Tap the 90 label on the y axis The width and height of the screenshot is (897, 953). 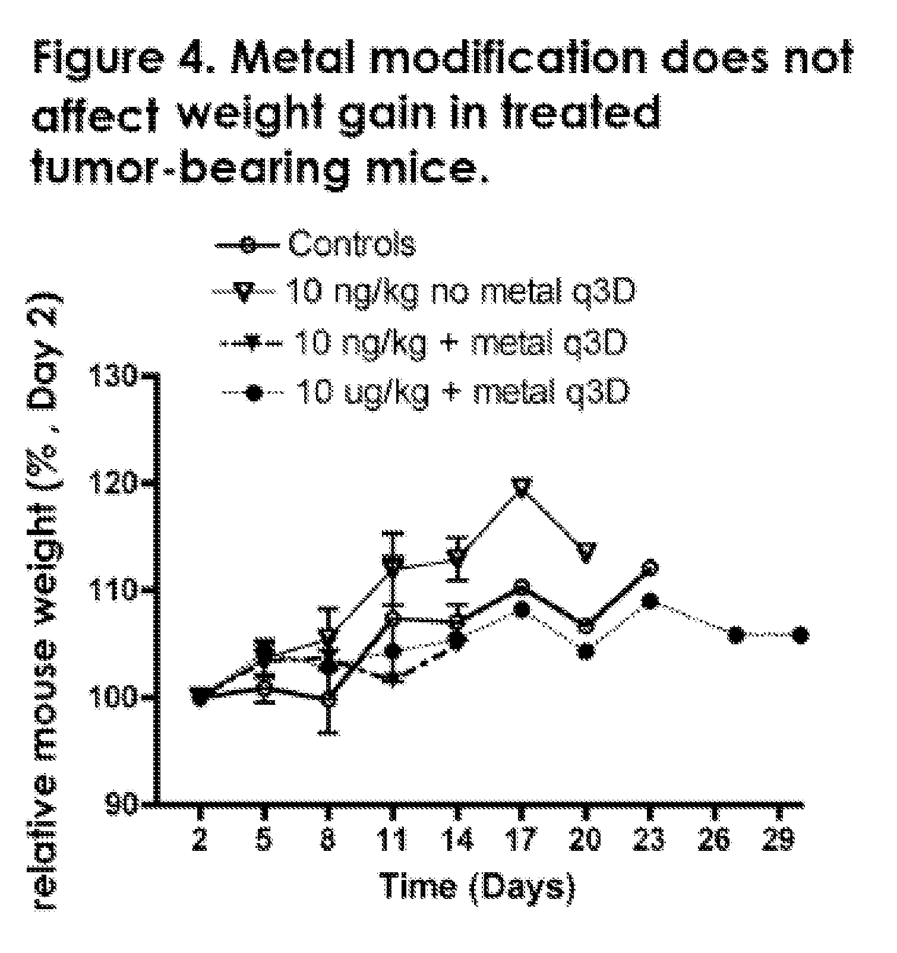122,803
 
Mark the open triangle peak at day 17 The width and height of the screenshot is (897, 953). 521,487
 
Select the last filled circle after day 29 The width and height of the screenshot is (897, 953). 800,635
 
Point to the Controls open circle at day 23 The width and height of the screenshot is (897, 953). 650,568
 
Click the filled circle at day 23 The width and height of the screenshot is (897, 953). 650,601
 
